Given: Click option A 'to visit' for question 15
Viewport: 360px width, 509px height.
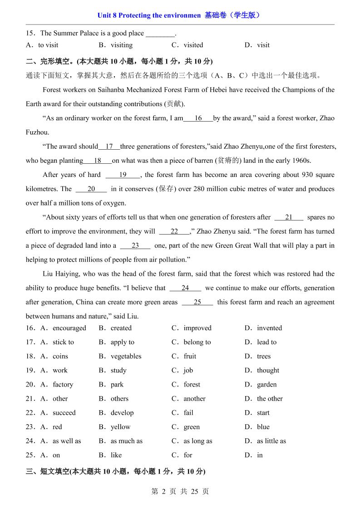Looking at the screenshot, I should pyautogui.click(x=48, y=45).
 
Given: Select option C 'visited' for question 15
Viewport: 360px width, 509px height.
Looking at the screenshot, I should pyautogui.click(x=193, y=45).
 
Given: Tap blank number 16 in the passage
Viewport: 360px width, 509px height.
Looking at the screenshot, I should pyautogui.click(x=198, y=118).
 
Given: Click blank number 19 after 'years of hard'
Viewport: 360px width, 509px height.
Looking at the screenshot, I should pyautogui.click(x=123, y=175).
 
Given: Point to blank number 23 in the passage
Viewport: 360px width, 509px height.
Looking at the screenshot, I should pyautogui.click(x=135, y=245).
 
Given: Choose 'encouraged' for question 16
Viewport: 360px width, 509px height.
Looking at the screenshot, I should pyautogui.click(x=69, y=328).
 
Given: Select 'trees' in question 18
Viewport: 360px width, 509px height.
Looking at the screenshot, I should pyautogui.click(x=263, y=356).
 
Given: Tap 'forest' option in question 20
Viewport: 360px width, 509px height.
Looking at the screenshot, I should pyautogui.click(x=192, y=384).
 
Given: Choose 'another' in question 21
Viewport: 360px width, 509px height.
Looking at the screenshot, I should pyautogui.click(x=194, y=398).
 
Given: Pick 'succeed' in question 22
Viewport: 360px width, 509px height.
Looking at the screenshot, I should pyautogui.click(x=64, y=413).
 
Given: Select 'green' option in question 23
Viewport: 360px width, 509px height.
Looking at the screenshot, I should pyautogui.click(x=192, y=427).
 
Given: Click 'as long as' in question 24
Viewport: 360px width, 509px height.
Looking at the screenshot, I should pyautogui.click(x=197, y=441).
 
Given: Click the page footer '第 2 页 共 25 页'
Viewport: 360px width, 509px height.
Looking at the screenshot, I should pyautogui.click(x=180, y=491).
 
